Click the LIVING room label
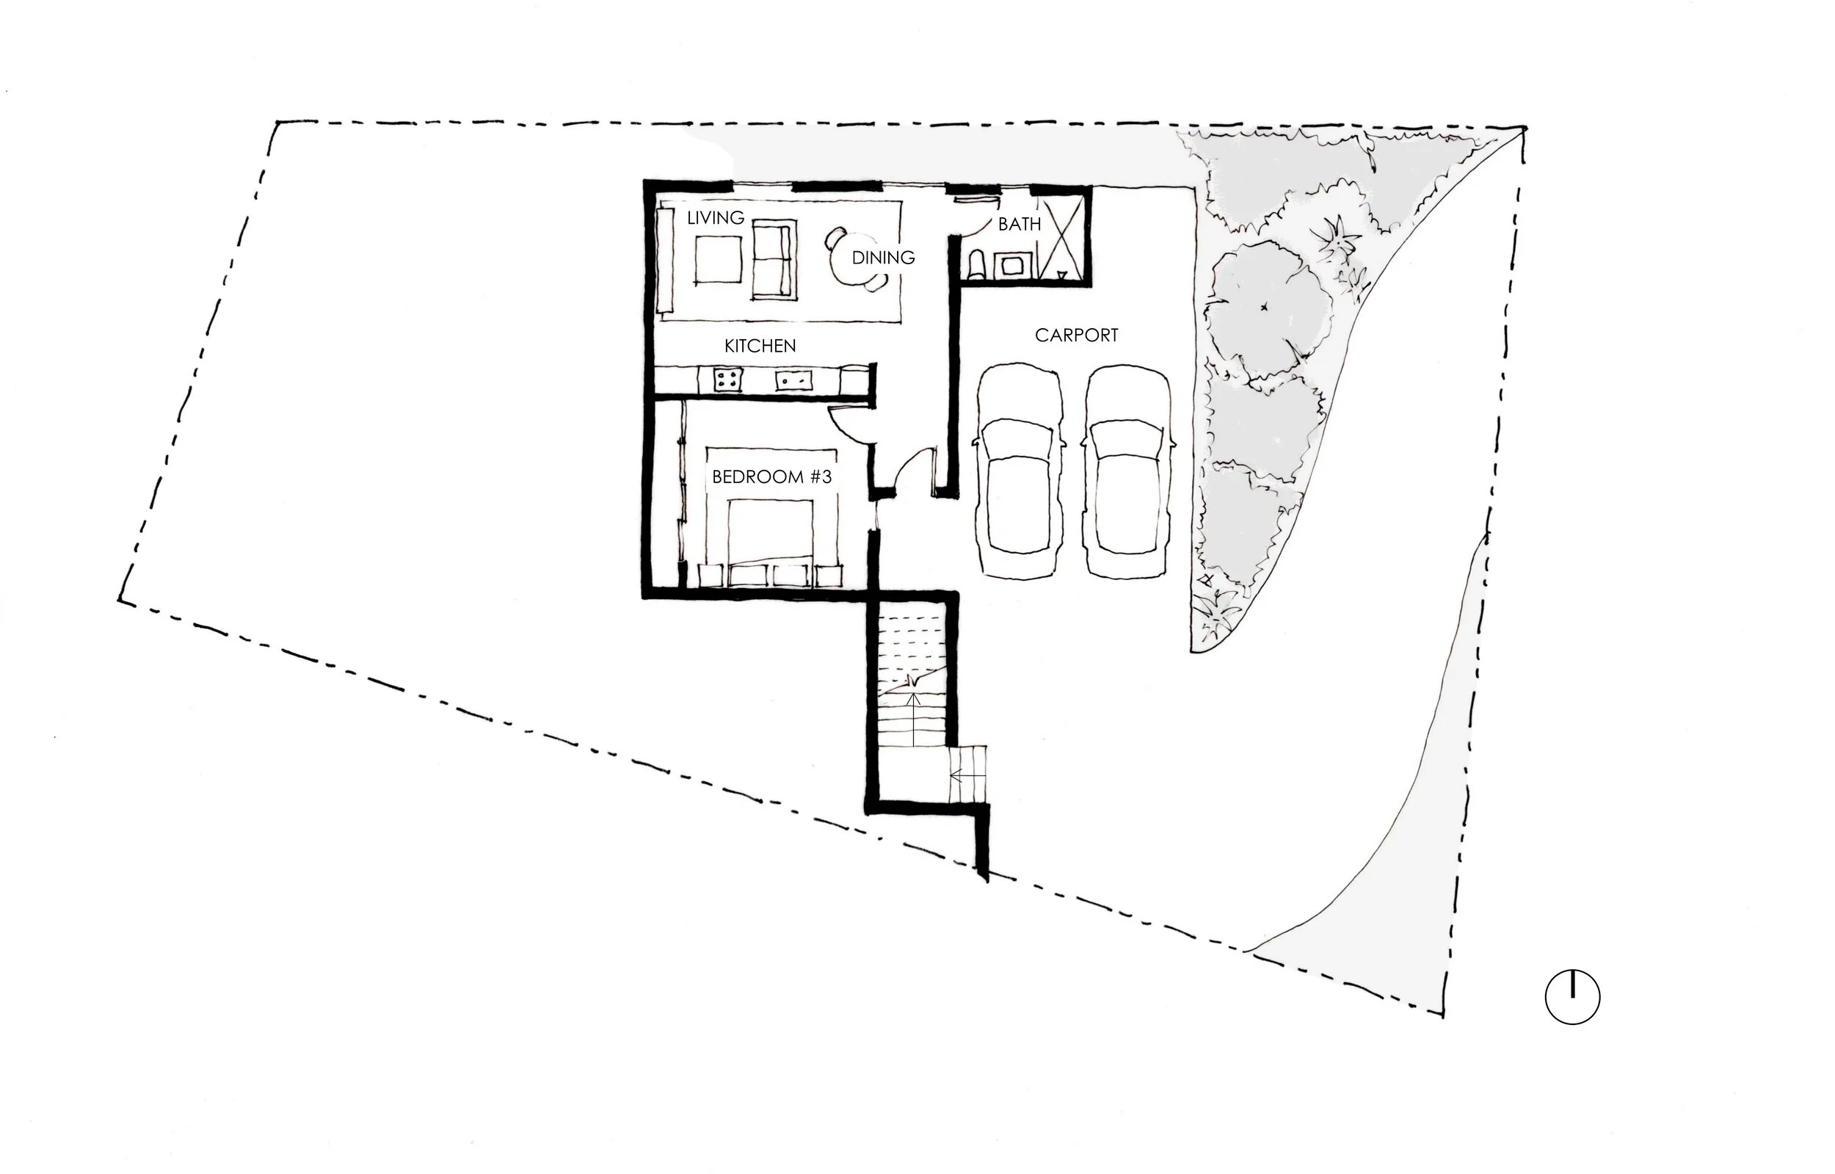coord(715,218)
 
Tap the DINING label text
coord(882,258)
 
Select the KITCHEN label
coord(759,346)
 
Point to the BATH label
coord(1019,224)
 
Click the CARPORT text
coord(1076,336)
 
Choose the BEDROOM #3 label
coord(771,477)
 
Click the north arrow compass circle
coord(1572,996)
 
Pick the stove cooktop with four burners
coord(727,380)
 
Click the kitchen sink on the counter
coord(793,380)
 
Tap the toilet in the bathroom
coord(977,265)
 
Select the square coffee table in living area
coord(718,259)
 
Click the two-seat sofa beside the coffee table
coord(775,259)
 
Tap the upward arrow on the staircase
coord(914,717)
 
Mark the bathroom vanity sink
coord(1013,266)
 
